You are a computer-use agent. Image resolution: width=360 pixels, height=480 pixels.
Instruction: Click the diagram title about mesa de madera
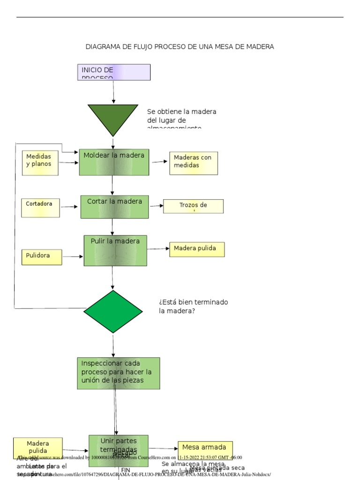(x=180, y=46)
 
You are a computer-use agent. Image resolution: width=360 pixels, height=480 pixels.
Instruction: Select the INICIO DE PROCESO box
(x=114, y=72)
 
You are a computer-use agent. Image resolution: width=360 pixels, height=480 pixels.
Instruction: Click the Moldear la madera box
(x=114, y=162)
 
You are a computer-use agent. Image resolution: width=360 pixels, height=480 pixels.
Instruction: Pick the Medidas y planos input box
(x=40, y=163)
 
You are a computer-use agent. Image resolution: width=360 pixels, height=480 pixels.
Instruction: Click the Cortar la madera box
(x=114, y=207)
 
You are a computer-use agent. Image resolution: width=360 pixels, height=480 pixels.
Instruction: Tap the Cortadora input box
(x=40, y=208)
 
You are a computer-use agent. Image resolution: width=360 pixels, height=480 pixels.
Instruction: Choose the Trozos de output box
(x=193, y=206)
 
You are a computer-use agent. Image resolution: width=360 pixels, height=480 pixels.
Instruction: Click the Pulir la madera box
(x=115, y=250)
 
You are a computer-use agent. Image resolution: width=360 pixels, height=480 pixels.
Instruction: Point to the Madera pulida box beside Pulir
(x=197, y=249)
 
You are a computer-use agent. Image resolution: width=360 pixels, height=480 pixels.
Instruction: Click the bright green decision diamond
(x=113, y=311)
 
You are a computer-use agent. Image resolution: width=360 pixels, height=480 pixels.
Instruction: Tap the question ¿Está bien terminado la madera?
(x=193, y=306)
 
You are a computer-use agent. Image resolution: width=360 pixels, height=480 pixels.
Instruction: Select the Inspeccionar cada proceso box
(x=118, y=373)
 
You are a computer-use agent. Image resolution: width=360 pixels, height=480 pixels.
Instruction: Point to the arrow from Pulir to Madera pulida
(x=158, y=249)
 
